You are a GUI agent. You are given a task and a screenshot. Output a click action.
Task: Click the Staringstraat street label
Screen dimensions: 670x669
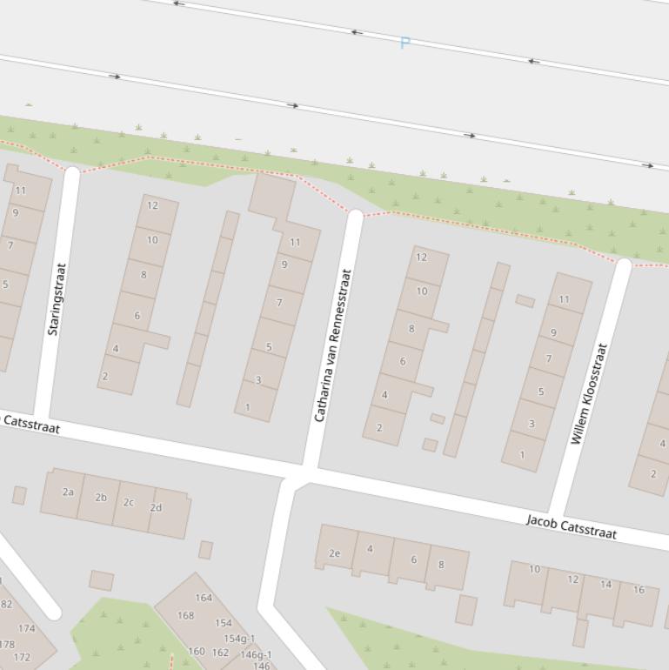[x=57, y=299]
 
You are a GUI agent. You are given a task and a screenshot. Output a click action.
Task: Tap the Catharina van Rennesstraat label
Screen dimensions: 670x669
[x=332, y=345]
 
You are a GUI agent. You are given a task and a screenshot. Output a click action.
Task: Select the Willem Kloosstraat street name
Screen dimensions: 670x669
[x=589, y=394]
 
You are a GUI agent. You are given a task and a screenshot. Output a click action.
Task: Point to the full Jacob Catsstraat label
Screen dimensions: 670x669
[x=572, y=526]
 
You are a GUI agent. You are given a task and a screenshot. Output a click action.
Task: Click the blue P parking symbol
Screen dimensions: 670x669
[x=405, y=43]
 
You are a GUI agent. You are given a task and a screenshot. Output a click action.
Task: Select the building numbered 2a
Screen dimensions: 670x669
[x=68, y=492]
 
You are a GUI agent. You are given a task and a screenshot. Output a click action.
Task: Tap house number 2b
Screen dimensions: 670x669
[x=101, y=498]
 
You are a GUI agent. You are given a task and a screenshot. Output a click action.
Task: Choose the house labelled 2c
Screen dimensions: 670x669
[x=129, y=502]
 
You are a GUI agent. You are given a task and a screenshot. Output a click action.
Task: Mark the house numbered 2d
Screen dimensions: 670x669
[x=156, y=507]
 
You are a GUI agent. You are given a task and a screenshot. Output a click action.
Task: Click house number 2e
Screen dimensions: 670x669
[x=335, y=553]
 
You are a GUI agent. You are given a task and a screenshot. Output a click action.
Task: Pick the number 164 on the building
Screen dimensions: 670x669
[x=204, y=598]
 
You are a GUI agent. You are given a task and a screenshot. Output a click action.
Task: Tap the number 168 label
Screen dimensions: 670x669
[x=185, y=615]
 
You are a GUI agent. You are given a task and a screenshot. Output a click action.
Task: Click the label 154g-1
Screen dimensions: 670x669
[x=239, y=639]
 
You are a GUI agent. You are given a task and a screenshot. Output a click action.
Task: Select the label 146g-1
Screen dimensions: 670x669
[x=256, y=654]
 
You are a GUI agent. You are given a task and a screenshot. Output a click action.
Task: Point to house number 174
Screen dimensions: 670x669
[x=27, y=628]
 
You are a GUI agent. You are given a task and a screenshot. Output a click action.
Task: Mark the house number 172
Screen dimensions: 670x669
[x=22, y=657]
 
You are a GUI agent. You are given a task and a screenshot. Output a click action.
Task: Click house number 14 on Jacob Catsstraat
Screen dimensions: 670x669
[x=605, y=584]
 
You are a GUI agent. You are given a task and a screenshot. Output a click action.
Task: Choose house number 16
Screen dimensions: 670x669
[x=639, y=589]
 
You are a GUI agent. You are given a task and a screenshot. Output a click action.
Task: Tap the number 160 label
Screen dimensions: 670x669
[x=196, y=651]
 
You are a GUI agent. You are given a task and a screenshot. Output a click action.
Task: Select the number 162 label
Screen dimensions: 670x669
[x=220, y=652]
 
